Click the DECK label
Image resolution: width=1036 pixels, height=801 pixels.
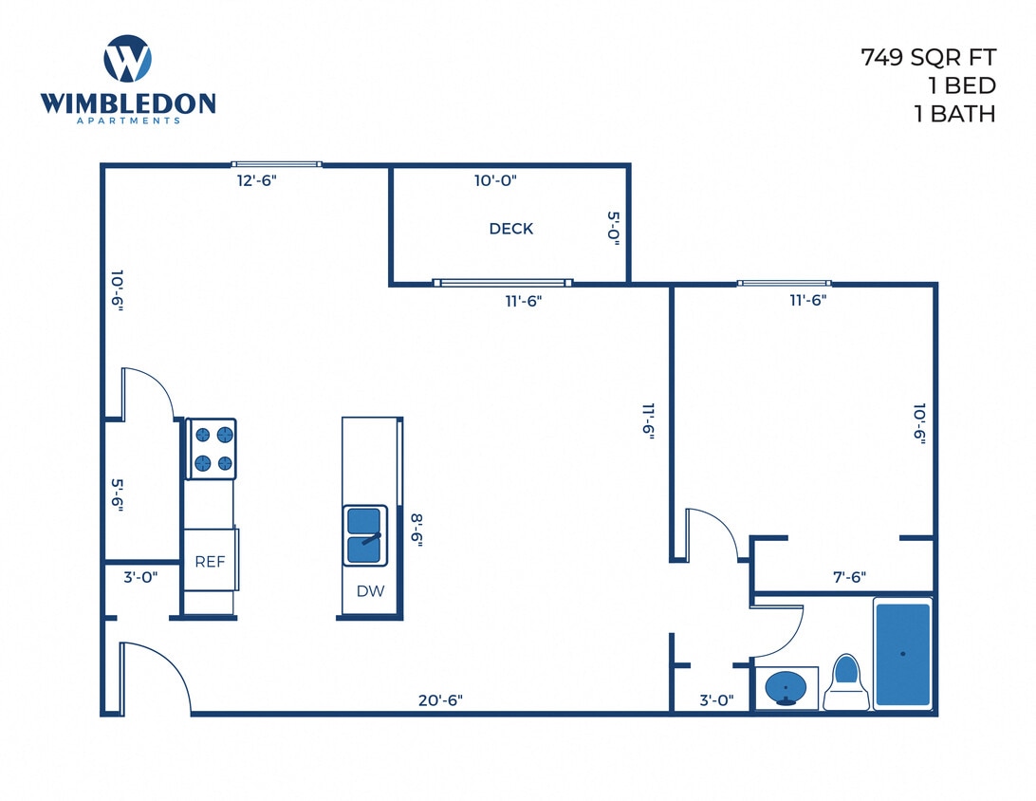pyautogui.click(x=510, y=229)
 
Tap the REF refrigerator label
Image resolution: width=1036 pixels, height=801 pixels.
pyautogui.click(x=210, y=561)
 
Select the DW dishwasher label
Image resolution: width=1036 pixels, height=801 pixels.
pyautogui.click(x=370, y=591)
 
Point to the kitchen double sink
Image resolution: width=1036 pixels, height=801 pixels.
pyautogui.click(x=365, y=535)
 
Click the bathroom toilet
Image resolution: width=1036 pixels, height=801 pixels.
pyautogui.click(x=845, y=682)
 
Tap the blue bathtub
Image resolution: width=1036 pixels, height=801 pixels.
pyautogui.click(x=902, y=654)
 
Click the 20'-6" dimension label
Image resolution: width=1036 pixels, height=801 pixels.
pyautogui.click(x=440, y=700)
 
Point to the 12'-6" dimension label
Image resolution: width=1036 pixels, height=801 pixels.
pyautogui.click(x=255, y=180)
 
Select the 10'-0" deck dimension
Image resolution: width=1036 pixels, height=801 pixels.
pyautogui.click(x=495, y=180)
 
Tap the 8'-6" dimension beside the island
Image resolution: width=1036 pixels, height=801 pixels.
pyautogui.click(x=416, y=530)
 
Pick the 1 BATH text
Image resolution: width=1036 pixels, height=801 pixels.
pyautogui.click(x=953, y=114)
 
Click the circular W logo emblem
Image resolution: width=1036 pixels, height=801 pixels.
pyautogui.click(x=127, y=59)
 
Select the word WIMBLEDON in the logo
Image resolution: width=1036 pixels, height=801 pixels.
pyautogui.click(x=128, y=103)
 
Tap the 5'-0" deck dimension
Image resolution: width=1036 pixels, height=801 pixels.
pyautogui.click(x=613, y=229)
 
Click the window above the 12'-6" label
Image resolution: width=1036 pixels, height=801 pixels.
pyautogui.click(x=277, y=164)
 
